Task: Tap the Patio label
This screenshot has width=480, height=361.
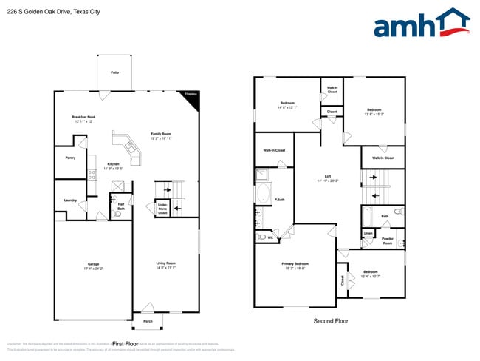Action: click(114, 72)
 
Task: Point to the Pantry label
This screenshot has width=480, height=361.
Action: click(71, 158)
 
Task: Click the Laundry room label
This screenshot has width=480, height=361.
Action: click(71, 200)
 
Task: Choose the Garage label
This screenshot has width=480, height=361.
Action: click(94, 265)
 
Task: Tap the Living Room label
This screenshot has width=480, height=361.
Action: click(165, 265)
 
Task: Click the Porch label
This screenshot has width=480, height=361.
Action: click(148, 321)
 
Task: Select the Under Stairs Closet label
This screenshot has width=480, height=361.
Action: click(163, 209)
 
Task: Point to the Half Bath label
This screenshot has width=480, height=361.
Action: click(121, 206)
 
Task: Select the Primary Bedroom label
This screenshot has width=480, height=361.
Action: click(295, 265)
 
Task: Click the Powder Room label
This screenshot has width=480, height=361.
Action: click(388, 241)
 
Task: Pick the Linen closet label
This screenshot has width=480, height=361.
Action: click(368, 233)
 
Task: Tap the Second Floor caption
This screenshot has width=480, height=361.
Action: click(330, 321)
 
